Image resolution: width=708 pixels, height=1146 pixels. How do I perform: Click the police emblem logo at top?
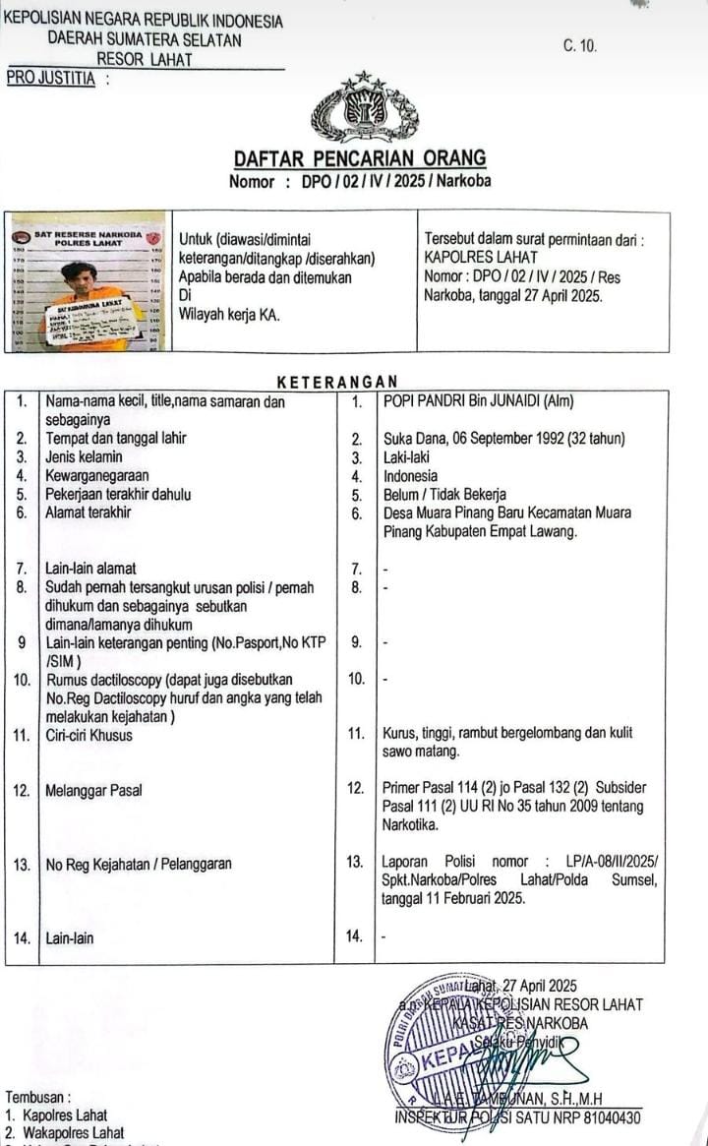364,108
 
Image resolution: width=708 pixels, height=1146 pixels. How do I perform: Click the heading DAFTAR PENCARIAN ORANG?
360,159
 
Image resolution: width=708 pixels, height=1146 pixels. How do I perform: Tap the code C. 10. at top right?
580,46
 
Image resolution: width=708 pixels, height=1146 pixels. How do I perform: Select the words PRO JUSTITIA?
51,79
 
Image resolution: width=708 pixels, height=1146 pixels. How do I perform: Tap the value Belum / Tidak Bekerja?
444,495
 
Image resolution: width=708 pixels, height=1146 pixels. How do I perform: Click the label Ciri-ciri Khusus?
88,735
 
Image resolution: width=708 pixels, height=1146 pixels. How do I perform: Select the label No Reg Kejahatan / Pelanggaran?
139,865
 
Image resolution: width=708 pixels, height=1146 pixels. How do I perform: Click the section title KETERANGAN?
337,382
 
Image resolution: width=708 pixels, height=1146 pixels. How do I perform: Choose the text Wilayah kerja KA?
229,315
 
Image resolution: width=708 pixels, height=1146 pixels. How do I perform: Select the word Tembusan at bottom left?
38,1097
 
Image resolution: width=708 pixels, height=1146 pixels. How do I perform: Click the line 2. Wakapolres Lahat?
65,1133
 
